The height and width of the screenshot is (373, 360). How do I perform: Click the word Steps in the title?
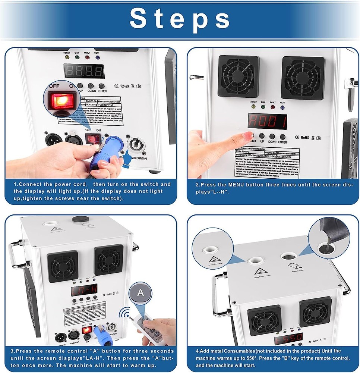coord(180,19)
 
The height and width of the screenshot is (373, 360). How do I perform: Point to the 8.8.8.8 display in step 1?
coord(83,71)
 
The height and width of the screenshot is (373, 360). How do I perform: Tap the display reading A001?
coord(267,121)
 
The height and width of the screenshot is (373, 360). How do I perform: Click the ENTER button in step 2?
coord(282,137)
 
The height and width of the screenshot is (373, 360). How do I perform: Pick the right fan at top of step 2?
coord(303,78)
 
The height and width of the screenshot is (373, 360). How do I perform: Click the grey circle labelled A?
coord(140,293)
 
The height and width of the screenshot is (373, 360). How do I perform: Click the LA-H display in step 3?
coord(84,289)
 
